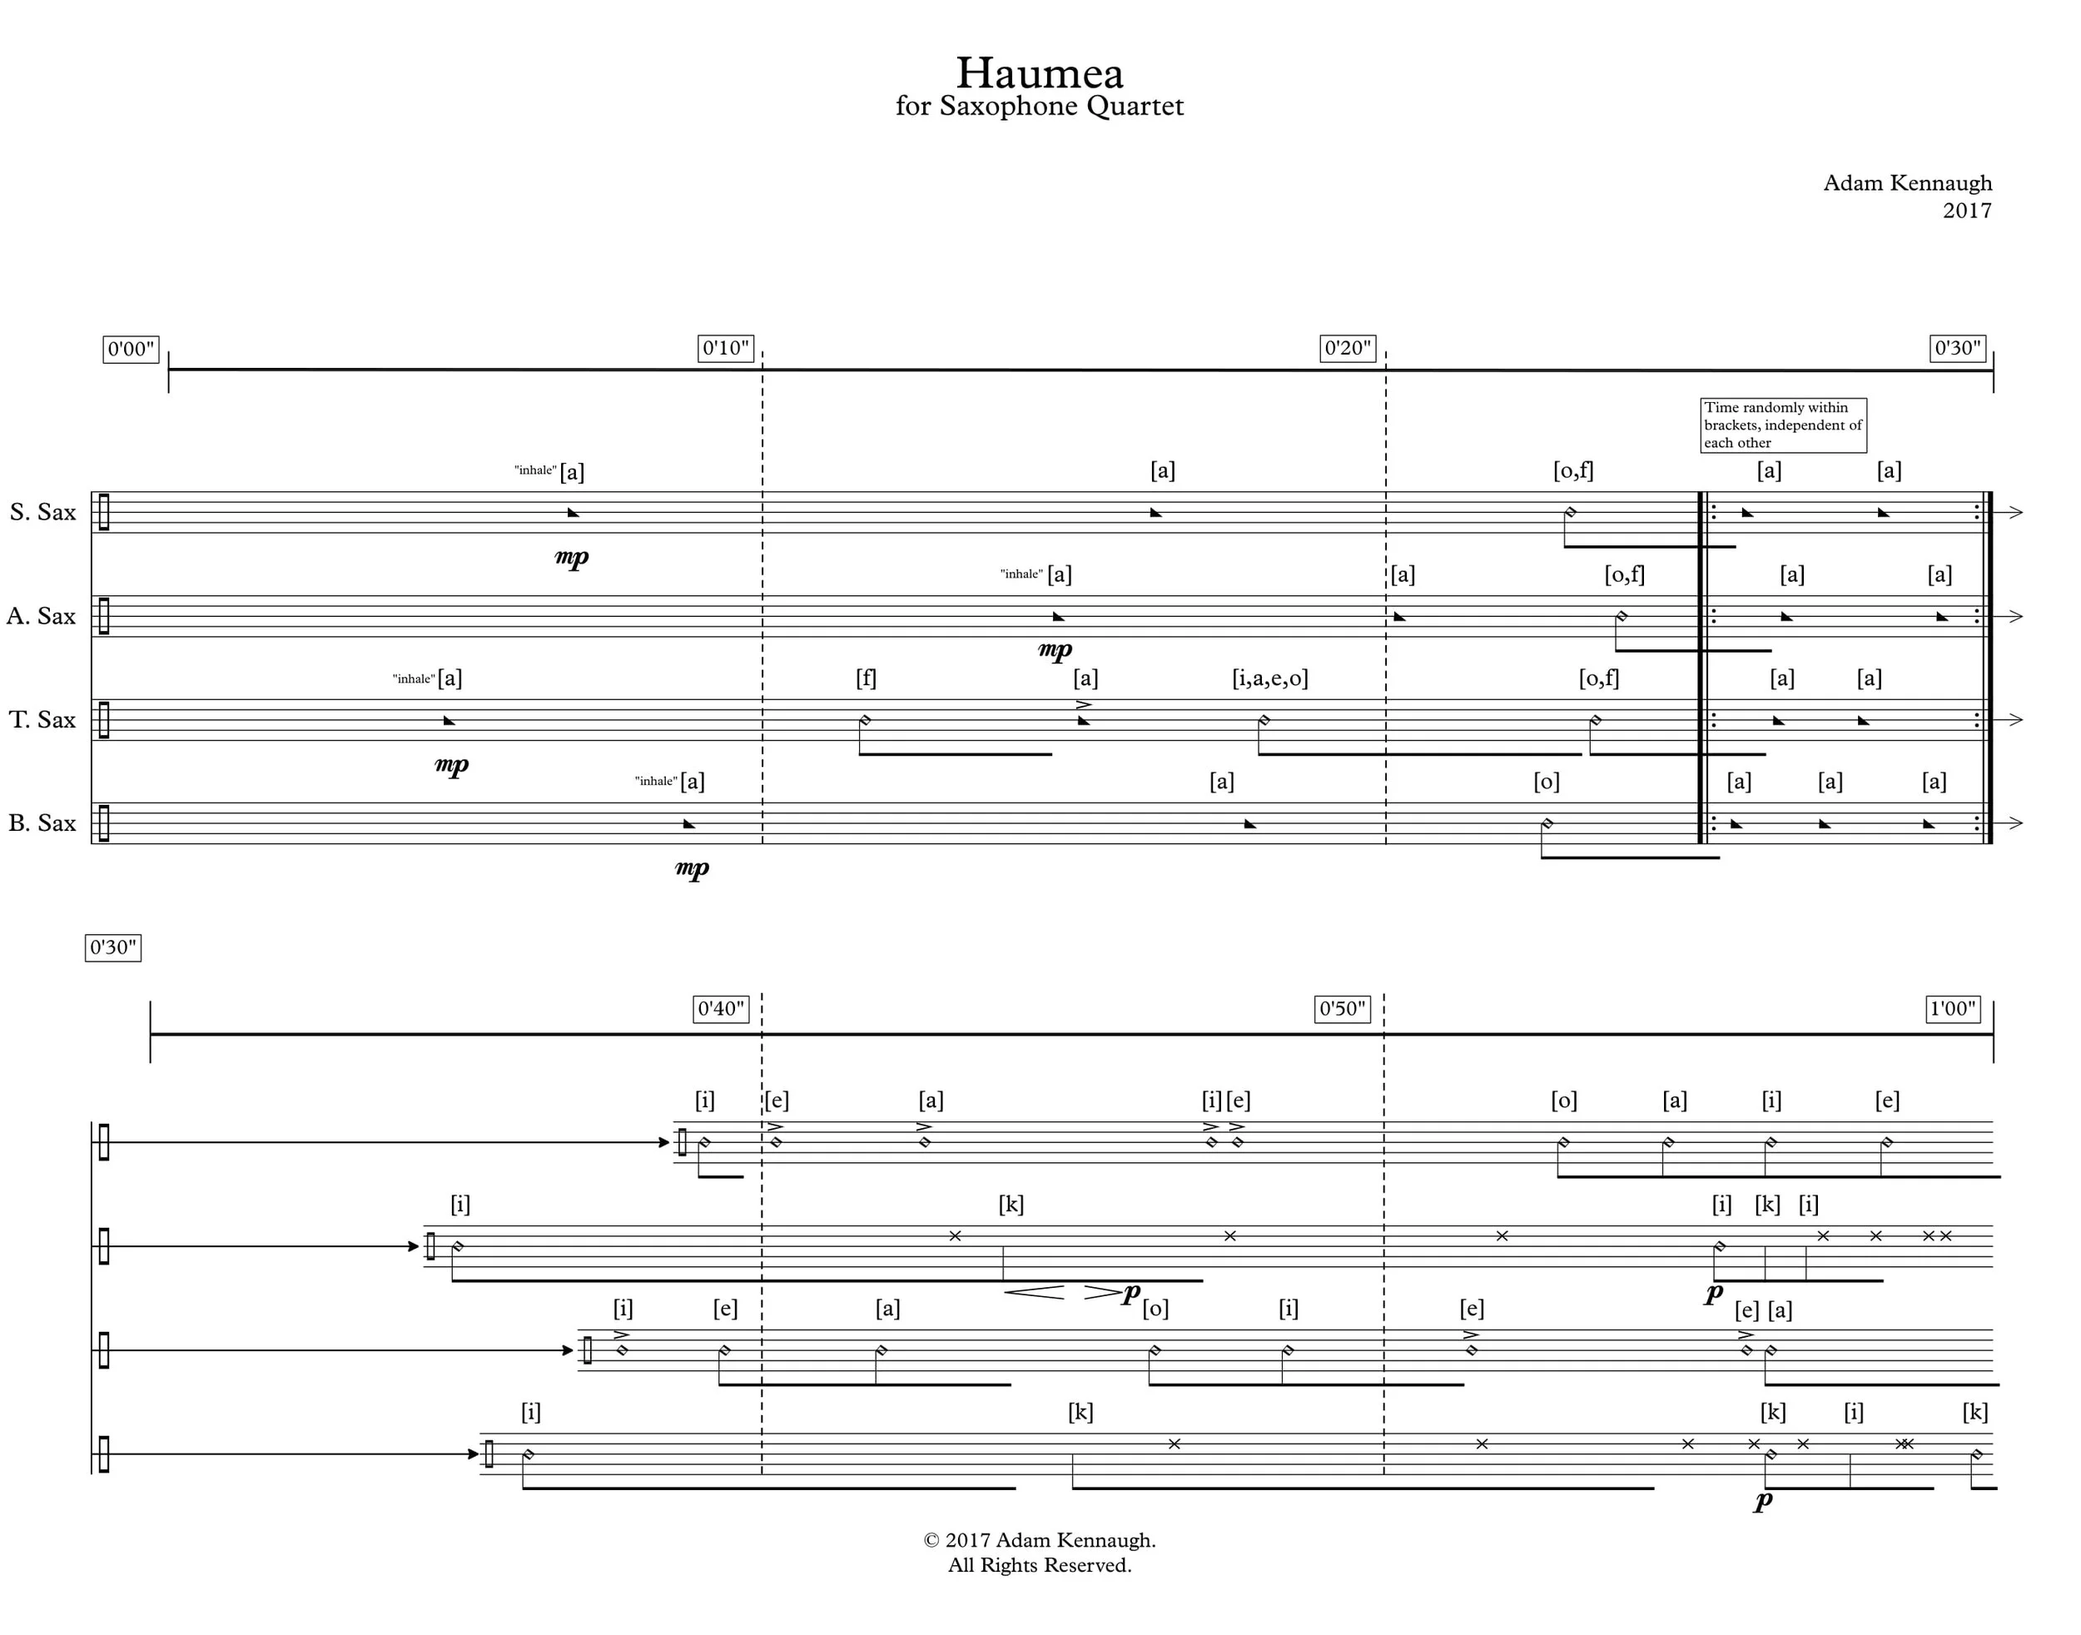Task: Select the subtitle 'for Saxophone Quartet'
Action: (x=1039, y=107)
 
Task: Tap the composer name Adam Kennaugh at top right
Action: (x=1907, y=183)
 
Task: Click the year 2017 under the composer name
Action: (x=1966, y=211)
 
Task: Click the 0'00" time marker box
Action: (x=130, y=350)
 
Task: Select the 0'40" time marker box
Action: (x=720, y=1009)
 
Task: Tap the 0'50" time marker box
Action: (x=1341, y=1009)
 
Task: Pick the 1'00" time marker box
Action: (x=1953, y=1009)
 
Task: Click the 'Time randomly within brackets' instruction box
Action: (x=1782, y=425)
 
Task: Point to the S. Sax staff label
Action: (x=43, y=512)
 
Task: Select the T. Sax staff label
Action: (x=42, y=720)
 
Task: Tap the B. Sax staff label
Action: (x=42, y=823)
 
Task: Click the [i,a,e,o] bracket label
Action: (x=1269, y=678)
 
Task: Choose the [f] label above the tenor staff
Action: (x=866, y=678)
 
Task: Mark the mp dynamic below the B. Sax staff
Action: (x=691, y=868)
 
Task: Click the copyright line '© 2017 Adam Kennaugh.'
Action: (x=1039, y=1540)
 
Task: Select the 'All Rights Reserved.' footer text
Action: (x=1039, y=1565)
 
